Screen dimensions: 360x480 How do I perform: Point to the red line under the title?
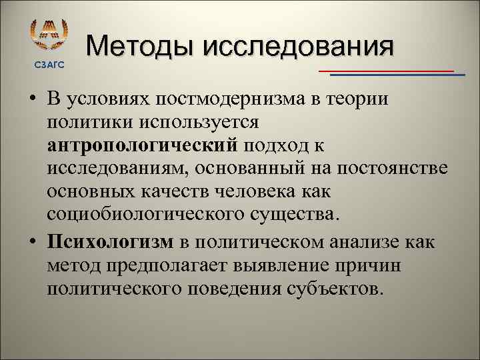click(x=387, y=70)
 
